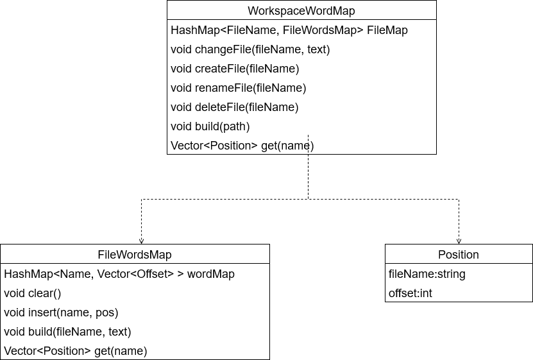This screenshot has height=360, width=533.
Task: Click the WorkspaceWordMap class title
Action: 301,11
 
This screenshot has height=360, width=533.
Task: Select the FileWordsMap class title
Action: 135,255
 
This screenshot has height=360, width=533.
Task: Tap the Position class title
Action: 458,255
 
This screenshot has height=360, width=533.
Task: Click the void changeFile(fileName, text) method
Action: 250,49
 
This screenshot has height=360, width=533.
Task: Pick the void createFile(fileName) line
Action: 235,69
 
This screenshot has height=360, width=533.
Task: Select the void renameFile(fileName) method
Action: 238,88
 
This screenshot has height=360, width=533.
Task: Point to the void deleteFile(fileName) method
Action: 234,107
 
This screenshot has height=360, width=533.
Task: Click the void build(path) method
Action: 210,126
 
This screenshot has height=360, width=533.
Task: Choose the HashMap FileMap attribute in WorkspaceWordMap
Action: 289,30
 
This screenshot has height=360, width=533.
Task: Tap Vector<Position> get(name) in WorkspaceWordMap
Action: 242,146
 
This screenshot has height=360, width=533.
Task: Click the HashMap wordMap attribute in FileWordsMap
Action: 119,274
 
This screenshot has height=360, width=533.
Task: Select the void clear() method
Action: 32,293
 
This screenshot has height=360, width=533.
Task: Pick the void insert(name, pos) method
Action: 61,313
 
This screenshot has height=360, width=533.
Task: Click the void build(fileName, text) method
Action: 67,332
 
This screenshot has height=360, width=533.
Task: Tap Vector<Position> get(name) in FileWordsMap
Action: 75,351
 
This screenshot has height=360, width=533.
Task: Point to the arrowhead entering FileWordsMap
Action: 141,241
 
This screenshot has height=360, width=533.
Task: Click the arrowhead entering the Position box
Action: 459,241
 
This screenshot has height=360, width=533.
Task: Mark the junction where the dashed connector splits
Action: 309,199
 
